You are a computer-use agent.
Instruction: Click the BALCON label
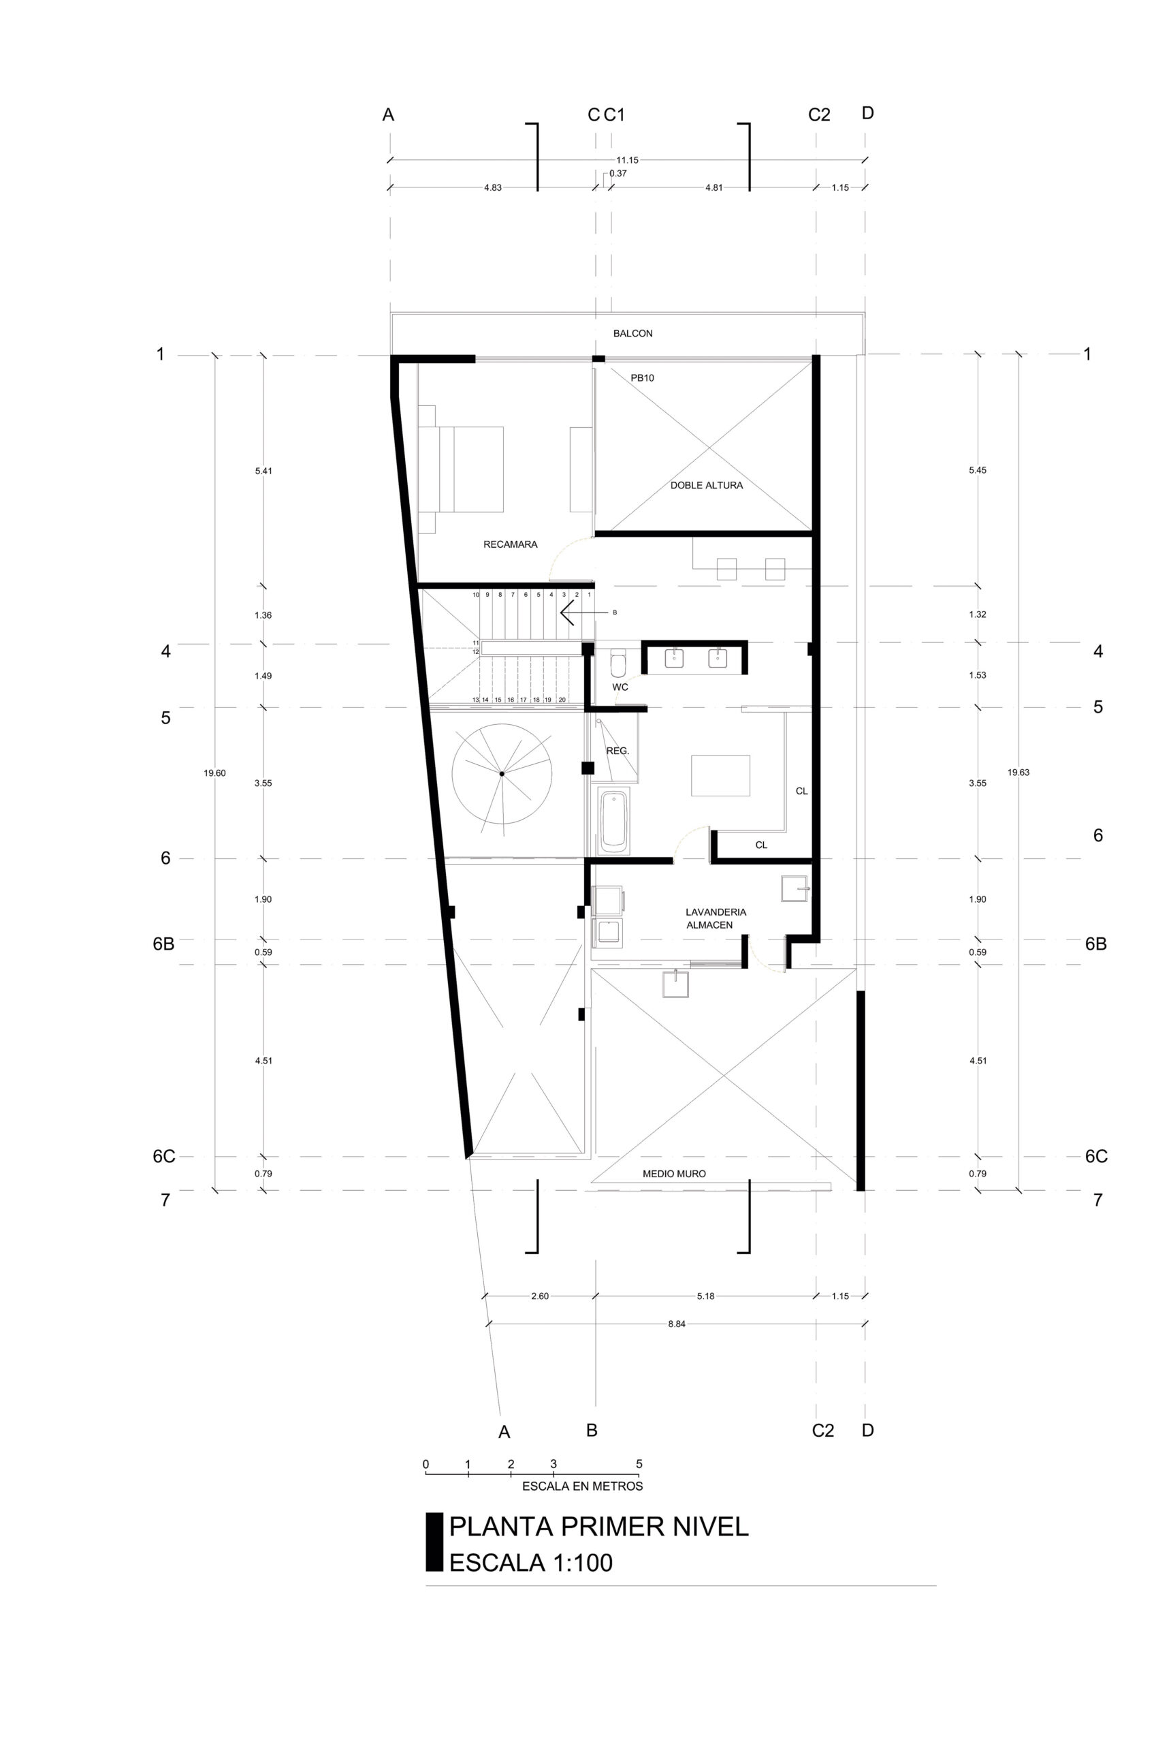(x=632, y=333)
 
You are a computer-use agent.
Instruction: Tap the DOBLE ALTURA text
(x=707, y=485)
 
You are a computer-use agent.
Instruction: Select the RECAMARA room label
(x=510, y=544)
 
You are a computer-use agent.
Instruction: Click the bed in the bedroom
(x=461, y=469)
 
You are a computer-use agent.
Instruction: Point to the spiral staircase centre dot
(x=502, y=773)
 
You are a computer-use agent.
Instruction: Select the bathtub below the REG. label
(x=615, y=823)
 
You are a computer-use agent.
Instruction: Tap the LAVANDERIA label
(x=716, y=912)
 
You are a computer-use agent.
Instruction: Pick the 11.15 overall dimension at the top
(x=627, y=160)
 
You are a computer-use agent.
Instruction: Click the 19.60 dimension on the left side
(x=214, y=773)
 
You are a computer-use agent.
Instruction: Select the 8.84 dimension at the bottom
(x=677, y=1323)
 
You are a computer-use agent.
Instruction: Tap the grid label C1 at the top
(x=614, y=114)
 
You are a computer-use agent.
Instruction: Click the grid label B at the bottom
(x=592, y=1429)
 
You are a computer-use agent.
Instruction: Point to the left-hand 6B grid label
(x=163, y=944)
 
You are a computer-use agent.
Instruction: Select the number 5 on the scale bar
(x=639, y=1464)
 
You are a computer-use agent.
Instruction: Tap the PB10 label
(x=642, y=378)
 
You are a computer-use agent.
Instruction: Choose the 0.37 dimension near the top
(x=617, y=173)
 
